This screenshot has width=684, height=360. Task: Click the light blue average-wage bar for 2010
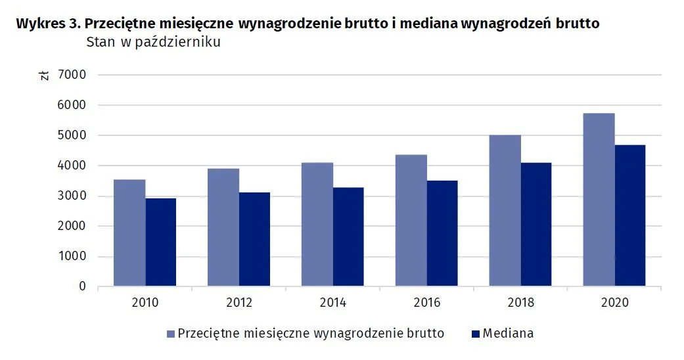pos(129,233)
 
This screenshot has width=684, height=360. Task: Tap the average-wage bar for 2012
pos(223,227)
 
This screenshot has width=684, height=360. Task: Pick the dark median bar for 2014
pos(348,237)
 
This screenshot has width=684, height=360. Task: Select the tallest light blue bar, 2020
pos(599,200)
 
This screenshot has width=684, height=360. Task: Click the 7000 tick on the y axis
pos(72,75)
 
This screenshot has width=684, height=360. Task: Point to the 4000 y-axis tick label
pos(72,166)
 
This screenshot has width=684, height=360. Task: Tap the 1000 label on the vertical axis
pos(72,257)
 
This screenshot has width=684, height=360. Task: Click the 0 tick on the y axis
pos(83,287)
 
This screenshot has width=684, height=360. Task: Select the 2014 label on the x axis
pos(332,303)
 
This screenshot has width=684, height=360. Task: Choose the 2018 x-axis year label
pos(520,303)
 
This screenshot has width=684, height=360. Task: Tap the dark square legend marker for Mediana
pos(474,334)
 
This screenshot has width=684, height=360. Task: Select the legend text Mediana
pos(508,334)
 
